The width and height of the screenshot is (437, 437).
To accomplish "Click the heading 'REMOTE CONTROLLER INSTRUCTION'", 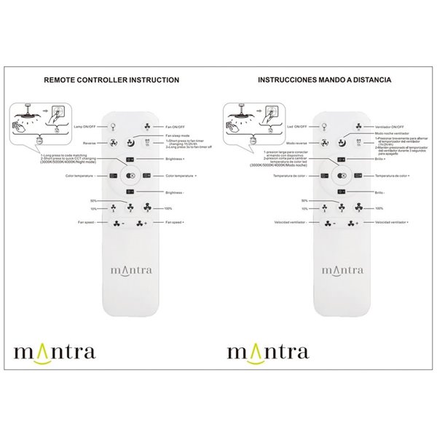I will coord(111,80).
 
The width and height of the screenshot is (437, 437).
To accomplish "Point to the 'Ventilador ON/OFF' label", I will coord(390,126).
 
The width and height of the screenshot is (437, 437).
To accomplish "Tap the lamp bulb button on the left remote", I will coord(113,126).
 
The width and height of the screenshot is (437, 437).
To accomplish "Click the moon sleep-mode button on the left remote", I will coord(130,143).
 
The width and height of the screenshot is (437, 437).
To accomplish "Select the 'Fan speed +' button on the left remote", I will coord(140,222).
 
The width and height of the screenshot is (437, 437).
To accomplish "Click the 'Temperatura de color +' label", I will coord(393,176).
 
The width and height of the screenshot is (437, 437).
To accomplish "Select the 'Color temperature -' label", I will coord(80,176).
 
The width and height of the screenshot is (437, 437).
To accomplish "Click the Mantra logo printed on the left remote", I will coord(130,269).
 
